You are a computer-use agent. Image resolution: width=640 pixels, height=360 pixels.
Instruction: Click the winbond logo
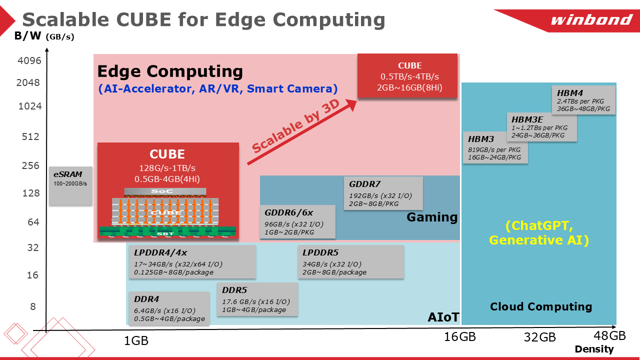(x=591, y=20)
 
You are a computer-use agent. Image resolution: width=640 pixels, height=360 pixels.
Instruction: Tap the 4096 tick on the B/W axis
(x=29, y=61)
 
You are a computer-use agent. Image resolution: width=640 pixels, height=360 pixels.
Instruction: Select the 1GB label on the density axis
(x=136, y=341)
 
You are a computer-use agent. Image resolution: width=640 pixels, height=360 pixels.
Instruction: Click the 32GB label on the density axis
(x=539, y=337)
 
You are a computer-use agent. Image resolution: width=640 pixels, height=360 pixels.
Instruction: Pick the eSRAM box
(x=70, y=185)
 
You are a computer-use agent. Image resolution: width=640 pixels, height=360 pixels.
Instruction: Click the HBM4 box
(x=585, y=100)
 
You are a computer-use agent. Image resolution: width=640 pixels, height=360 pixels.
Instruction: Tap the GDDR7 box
(x=383, y=193)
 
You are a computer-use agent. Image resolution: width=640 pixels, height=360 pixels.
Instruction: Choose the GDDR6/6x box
(x=297, y=221)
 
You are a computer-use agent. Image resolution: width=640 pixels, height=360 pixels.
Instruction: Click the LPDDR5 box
(x=350, y=262)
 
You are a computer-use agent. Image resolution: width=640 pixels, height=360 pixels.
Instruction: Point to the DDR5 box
(x=257, y=299)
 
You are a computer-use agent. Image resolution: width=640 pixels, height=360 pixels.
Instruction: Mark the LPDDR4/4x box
(x=192, y=262)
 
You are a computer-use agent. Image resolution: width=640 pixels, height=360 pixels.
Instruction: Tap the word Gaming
(x=432, y=217)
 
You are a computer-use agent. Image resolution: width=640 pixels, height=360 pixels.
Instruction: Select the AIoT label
(x=443, y=317)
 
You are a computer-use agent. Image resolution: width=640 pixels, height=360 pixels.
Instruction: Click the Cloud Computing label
(x=540, y=306)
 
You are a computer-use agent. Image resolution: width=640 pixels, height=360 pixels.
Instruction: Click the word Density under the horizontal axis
(x=594, y=349)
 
